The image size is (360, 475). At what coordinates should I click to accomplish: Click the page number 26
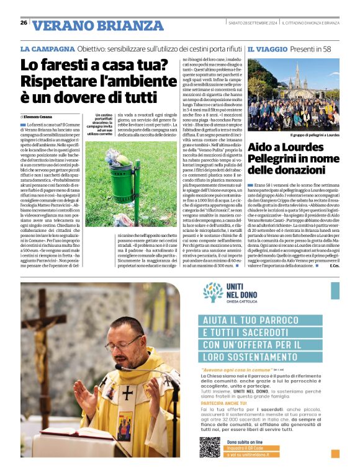pos(24,22)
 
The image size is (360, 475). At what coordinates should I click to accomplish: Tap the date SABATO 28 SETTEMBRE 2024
pos(253,22)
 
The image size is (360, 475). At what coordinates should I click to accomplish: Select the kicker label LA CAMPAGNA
pos(47,48)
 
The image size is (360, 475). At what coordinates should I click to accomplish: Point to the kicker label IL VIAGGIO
pos(268,48)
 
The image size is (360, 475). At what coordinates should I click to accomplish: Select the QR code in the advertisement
pos(210,447)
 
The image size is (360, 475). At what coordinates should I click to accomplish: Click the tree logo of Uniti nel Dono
pos(213,293)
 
